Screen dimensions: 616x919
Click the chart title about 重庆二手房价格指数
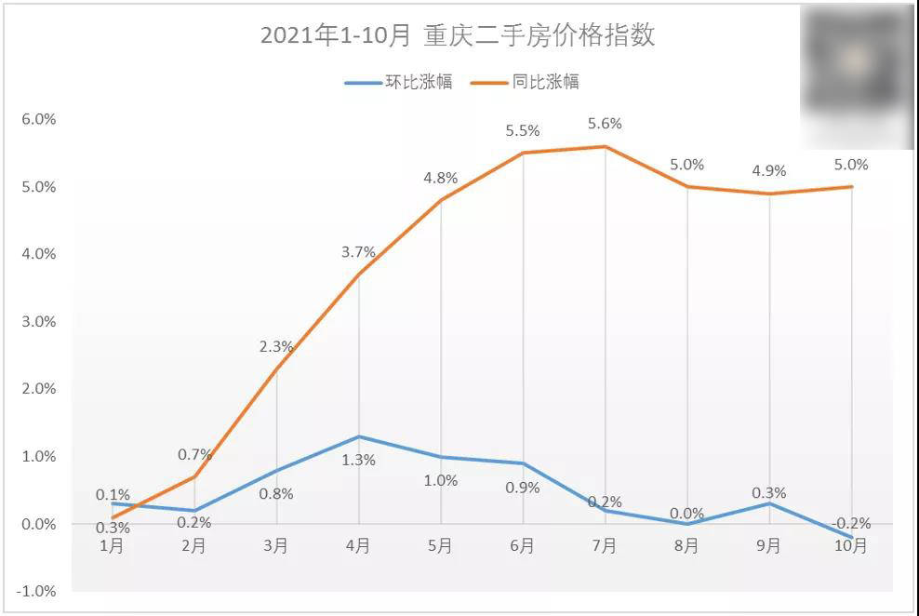(x=458, y=36)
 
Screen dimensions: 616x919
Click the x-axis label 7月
(x=605, y=546)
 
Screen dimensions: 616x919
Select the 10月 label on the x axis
(x=850, y=546)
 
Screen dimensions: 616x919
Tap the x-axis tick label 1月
(x=113, y=546)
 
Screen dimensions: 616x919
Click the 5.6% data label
(x=605, y=124)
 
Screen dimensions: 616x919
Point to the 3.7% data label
(x=358, y=252)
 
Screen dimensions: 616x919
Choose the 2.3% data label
(x=276, y=347)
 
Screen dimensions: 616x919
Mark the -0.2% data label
(x=850, y=522)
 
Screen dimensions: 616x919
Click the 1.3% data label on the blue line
(x=358, y=460)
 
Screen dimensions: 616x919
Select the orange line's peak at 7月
(x=606, y=146)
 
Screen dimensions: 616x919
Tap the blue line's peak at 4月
(x=359, y=436)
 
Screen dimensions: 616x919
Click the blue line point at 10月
(x=851, y=537)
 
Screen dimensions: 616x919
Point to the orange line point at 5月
(x=441, y=200)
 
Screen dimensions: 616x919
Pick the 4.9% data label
(x=769, y=171)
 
